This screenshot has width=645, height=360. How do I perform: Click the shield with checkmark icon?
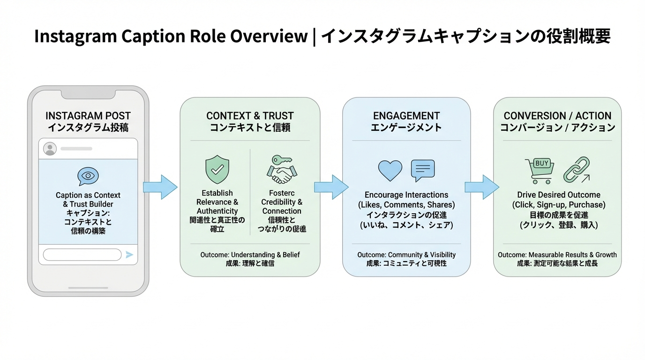pos(217,170)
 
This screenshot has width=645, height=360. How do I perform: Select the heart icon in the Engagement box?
pos(390,171)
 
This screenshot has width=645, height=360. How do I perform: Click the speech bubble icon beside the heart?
pos(422,170)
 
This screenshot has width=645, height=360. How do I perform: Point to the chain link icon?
pos(576,170)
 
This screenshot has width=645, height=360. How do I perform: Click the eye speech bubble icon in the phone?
pos(88,176)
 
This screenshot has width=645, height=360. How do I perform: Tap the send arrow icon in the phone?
pos(129,255)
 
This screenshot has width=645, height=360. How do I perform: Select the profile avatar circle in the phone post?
pos(50,149)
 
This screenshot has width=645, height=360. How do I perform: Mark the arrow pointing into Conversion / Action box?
pos(481,187)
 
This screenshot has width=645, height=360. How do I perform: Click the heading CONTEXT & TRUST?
pos(250,116)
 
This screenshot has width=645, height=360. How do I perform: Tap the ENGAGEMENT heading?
pos(406,116)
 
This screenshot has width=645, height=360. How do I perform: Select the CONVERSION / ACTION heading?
pos(557,116)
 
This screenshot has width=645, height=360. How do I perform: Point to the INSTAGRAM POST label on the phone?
pos(88,116)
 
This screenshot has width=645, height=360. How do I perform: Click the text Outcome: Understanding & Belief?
pos(250,255)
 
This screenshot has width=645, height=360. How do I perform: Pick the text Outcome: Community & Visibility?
pos(406,255)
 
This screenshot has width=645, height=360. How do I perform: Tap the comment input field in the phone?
pos(82,255)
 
